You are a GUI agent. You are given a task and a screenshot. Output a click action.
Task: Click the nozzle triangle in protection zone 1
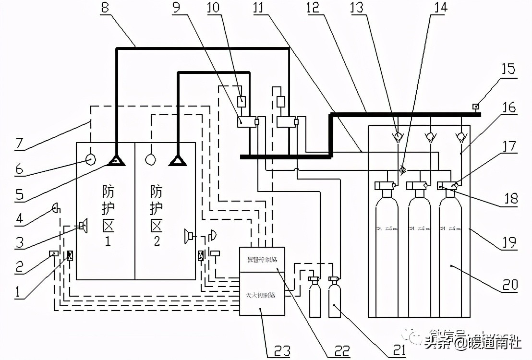click(116, 161)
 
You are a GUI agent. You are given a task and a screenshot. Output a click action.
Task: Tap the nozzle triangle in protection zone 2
click(178, 161)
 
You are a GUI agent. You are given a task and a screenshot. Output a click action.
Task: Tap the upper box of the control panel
click(262, 260)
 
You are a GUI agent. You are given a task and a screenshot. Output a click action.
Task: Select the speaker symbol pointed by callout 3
click(84, 224)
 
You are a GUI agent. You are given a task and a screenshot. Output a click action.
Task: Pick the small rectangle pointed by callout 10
click(242, 102)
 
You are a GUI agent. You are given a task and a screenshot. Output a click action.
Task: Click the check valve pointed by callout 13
click(398, 136)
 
